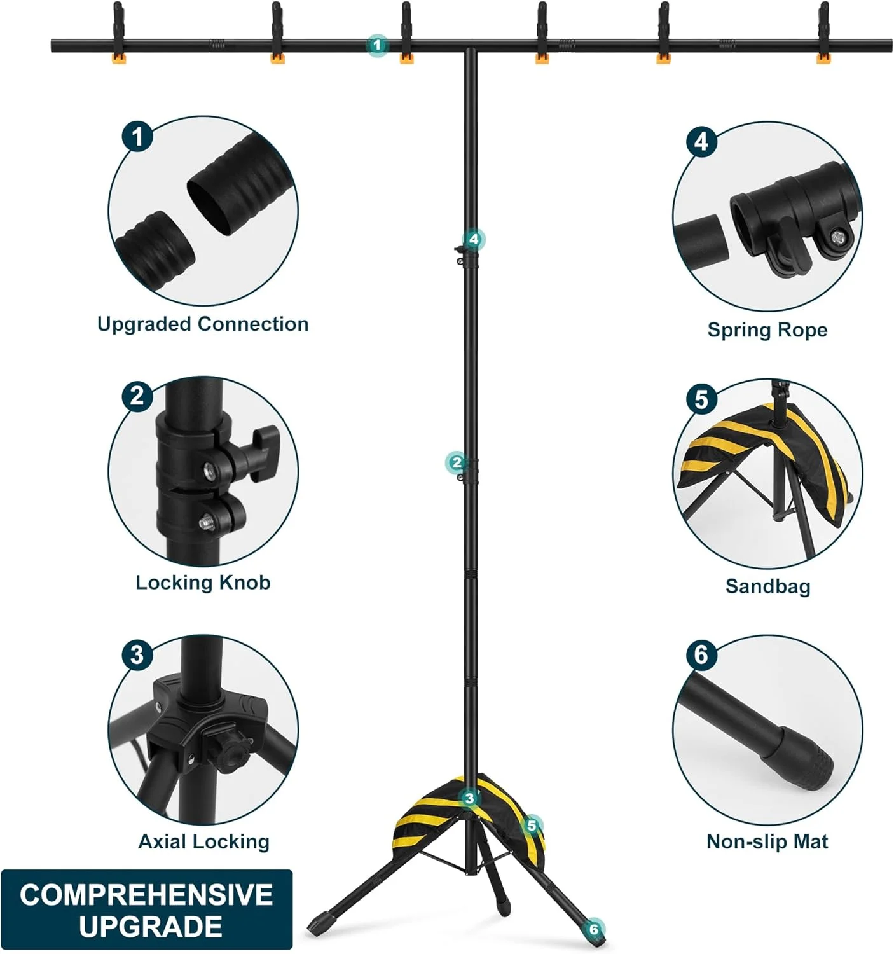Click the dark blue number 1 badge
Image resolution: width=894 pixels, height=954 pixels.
tap(137, 136)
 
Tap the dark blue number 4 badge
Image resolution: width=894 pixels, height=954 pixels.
tap(701, 141)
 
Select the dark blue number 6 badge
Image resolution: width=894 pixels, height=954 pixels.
tap(701, 654)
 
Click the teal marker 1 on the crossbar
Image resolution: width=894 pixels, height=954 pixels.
tap(377, 45)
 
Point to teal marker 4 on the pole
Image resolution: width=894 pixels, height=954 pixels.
tap(474, 240)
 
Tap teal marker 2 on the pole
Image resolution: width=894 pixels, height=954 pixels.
tap(457, 462)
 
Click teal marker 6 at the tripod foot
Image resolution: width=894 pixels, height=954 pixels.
tap(593, 929)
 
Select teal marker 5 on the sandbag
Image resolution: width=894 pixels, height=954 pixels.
tap(532, 826)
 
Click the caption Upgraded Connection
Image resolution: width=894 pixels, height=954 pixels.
tap(203, 324)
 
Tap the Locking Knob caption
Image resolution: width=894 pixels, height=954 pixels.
tap(203, 582)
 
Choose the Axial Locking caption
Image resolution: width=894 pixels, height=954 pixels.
tap(204, 841)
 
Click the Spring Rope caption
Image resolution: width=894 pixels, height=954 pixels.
tap(767, 329)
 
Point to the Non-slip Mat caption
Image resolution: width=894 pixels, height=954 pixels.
tap(767, 841)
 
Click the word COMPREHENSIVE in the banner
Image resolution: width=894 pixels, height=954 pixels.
tap(146, 894)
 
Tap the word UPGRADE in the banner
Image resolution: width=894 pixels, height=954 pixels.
tap(151, 926)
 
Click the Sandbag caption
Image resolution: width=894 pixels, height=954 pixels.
tap(767, 586)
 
